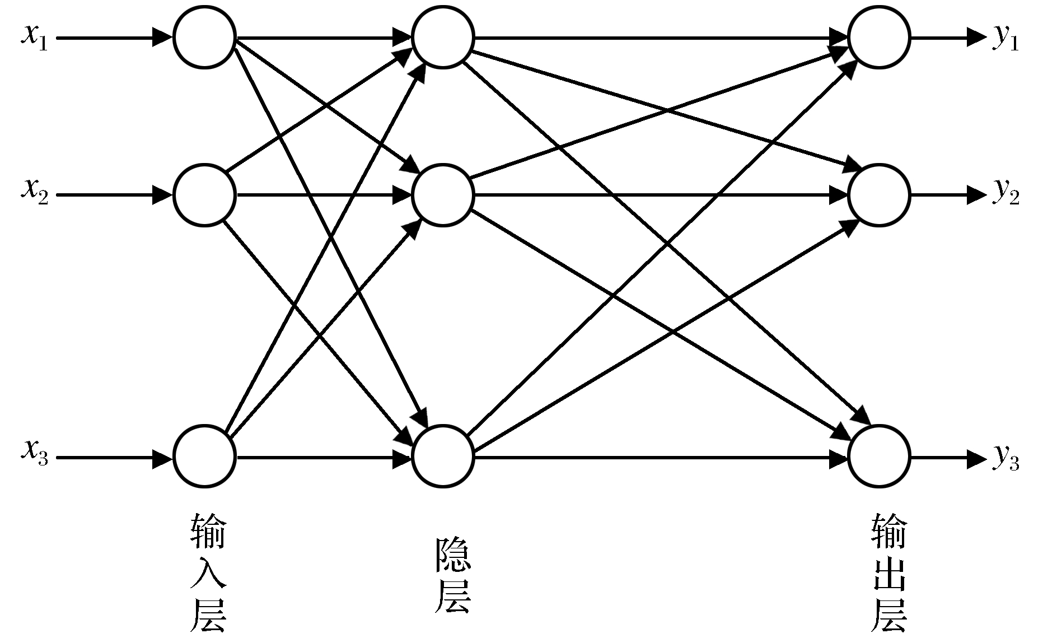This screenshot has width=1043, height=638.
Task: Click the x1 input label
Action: click(x=35, y=38)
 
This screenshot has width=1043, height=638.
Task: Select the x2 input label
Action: click(x=35, y=190)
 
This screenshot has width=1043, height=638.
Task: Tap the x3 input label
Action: click(x=35, y=451)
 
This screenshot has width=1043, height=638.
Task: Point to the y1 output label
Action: click(x=1005, y=39)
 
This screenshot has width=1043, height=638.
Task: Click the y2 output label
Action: click(x=1005, y=193)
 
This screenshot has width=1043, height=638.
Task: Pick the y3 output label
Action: click(x=1005, y=459)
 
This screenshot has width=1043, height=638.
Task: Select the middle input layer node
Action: click(x=204, y=195)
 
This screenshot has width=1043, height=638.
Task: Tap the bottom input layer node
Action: click(x=204, y=457)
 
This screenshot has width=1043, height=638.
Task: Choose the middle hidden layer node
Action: click(x=443, y=195)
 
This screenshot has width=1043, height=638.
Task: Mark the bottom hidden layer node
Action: click(x=443, y=457)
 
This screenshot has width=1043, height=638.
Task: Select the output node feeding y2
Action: click(x=879, y=195)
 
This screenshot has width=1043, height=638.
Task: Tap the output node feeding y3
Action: click(x=879, y=457)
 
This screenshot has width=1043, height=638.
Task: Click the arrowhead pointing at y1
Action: click(x=976, y=38)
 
